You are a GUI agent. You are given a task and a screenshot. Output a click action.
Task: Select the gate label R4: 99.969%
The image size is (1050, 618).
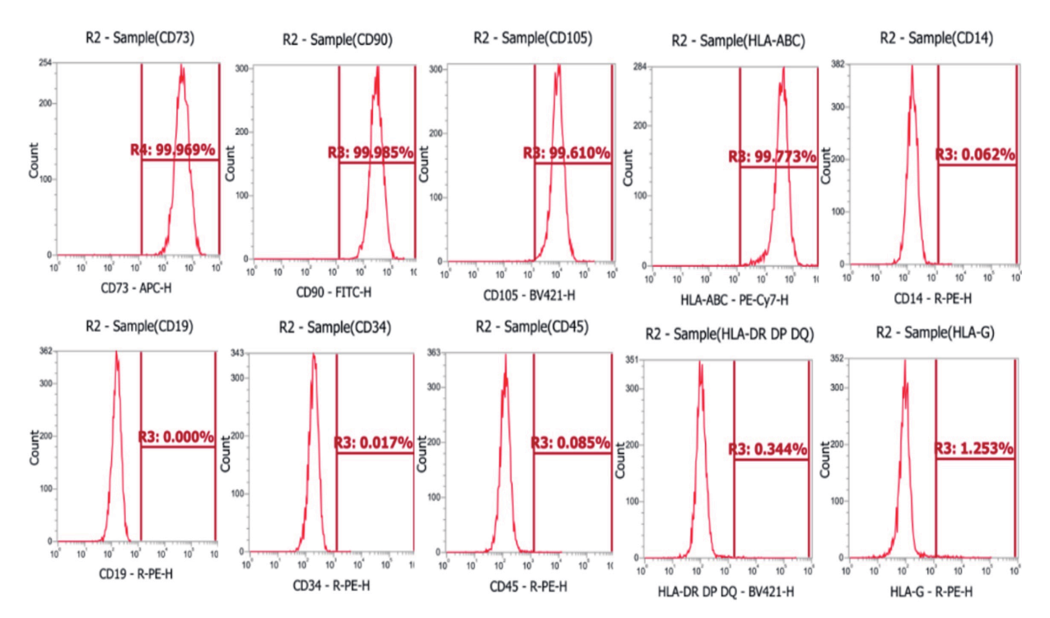[x=173, y=150]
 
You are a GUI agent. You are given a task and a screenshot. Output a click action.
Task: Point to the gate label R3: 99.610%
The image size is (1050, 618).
[x=567, y=153]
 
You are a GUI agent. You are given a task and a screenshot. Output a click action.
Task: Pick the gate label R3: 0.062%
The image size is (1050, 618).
[x=976, y=154]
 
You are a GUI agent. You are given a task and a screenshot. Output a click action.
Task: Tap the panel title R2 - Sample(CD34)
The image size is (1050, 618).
[x=335, y=327]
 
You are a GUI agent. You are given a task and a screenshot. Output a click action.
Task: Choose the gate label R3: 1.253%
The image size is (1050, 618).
[x=974, y=449]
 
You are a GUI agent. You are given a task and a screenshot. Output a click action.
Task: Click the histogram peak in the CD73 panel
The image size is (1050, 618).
[x=182, y=68]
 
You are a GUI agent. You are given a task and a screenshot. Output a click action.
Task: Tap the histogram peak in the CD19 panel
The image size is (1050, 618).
[x=116, y=353]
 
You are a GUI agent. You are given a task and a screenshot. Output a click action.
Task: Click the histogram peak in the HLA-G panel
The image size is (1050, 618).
[x=904, y=361]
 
